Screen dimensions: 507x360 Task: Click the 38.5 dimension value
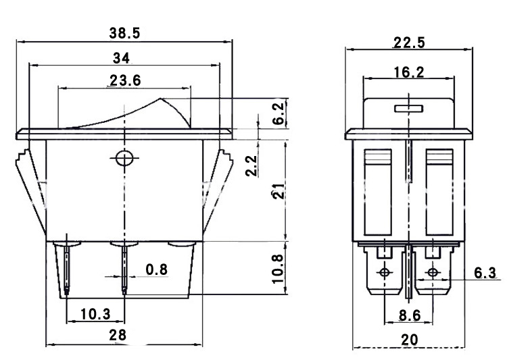click(124, 32)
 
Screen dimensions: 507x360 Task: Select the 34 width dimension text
click(122, 57)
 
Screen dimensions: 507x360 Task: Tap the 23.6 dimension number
click(124, 80)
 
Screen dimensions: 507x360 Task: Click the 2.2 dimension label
click(251, 165)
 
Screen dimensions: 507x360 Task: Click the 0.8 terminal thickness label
click(156, 270)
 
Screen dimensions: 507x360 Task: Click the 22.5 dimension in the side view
click(408, 43)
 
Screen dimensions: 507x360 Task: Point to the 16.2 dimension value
click(409, 72)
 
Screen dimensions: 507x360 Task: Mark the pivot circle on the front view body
click(123, 159)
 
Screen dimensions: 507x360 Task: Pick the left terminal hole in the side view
click(385, 274)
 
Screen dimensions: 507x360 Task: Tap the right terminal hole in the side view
click(432, 274)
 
